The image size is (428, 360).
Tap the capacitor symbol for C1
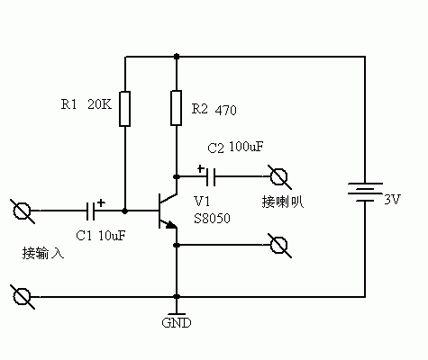93,211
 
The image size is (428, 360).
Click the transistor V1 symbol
167,211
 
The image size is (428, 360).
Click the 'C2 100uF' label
235,146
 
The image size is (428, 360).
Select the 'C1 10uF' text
100,236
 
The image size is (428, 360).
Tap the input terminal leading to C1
23,211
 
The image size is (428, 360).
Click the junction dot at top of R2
177,56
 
